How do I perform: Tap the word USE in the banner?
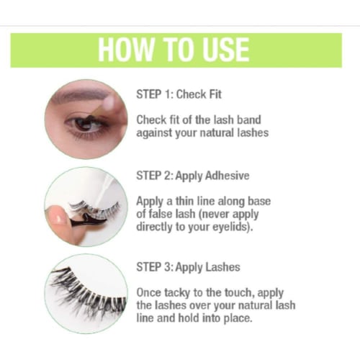(x=225, y=50)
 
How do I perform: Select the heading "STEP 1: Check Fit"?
(x=179, y=94)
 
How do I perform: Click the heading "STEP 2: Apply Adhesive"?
(x=193, y=176)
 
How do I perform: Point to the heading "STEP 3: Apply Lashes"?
(x=188, y=267)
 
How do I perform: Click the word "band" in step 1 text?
(x=249, y=120)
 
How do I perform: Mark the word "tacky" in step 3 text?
(x=177, y=293)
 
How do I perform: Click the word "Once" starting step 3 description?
(x=148, y=293)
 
